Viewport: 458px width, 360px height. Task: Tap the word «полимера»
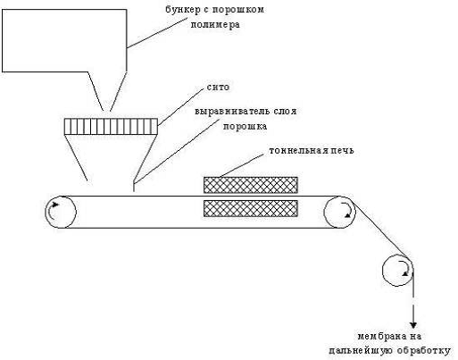[x=215, y=24]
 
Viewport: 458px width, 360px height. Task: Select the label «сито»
[x=218, y=88]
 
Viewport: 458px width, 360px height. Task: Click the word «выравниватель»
[x=228, y=112]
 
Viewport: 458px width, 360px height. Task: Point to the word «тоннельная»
[x=297, y=150]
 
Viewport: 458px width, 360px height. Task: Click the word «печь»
[x=341, y=150]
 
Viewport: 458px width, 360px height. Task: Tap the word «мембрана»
[x=381, y=337]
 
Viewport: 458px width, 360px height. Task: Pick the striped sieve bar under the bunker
[x=111, y=127]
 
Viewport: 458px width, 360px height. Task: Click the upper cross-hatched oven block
[x=251, y=185]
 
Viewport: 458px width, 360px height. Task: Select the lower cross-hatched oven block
[x=251, y=208]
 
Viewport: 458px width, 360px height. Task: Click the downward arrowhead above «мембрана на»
[x=413, y=324]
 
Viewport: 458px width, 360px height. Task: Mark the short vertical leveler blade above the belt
[x=134, y=187]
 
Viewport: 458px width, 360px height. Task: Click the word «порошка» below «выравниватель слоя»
[x=245, y=127]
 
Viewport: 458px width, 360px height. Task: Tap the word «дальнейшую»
[x=361, y=350]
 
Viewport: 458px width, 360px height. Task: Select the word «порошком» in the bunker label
[x=238, y=10]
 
